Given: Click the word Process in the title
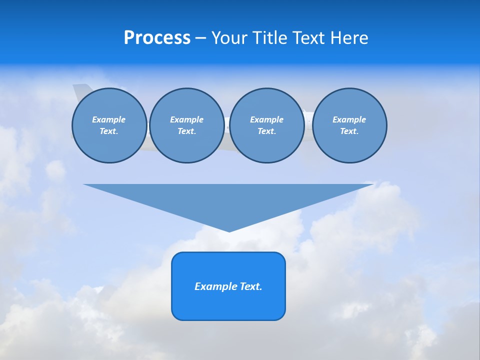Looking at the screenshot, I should [x=157, y=38].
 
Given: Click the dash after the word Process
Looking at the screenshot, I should [x=200, y=38].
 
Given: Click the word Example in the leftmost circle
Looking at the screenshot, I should [x=109, y=119].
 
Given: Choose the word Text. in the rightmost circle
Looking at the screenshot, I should [x=349, y=131].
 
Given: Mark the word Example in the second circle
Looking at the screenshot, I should [x=186, y=119].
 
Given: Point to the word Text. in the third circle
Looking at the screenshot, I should [x=266, y=131].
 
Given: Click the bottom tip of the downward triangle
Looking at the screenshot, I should [x=229, y=230].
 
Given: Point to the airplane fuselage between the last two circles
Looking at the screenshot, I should [x=308, y=120].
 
